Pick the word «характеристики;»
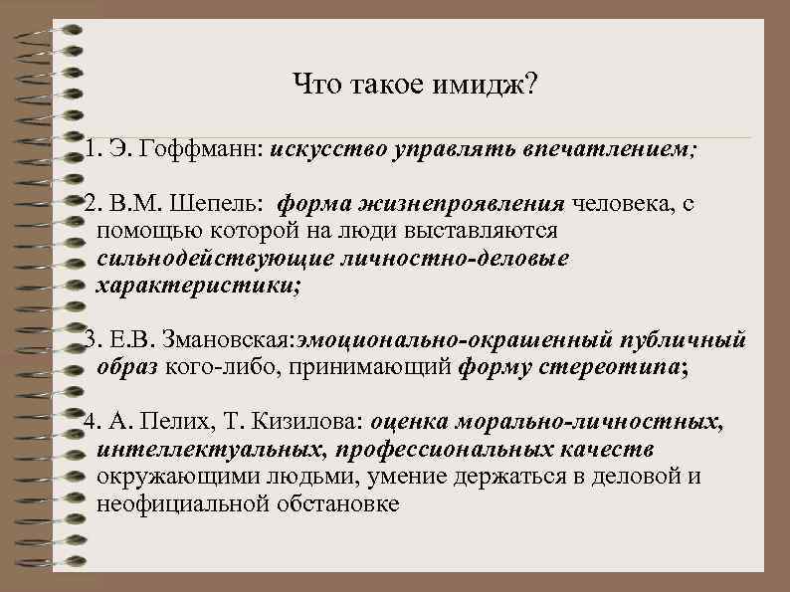(x=198, y=286)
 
